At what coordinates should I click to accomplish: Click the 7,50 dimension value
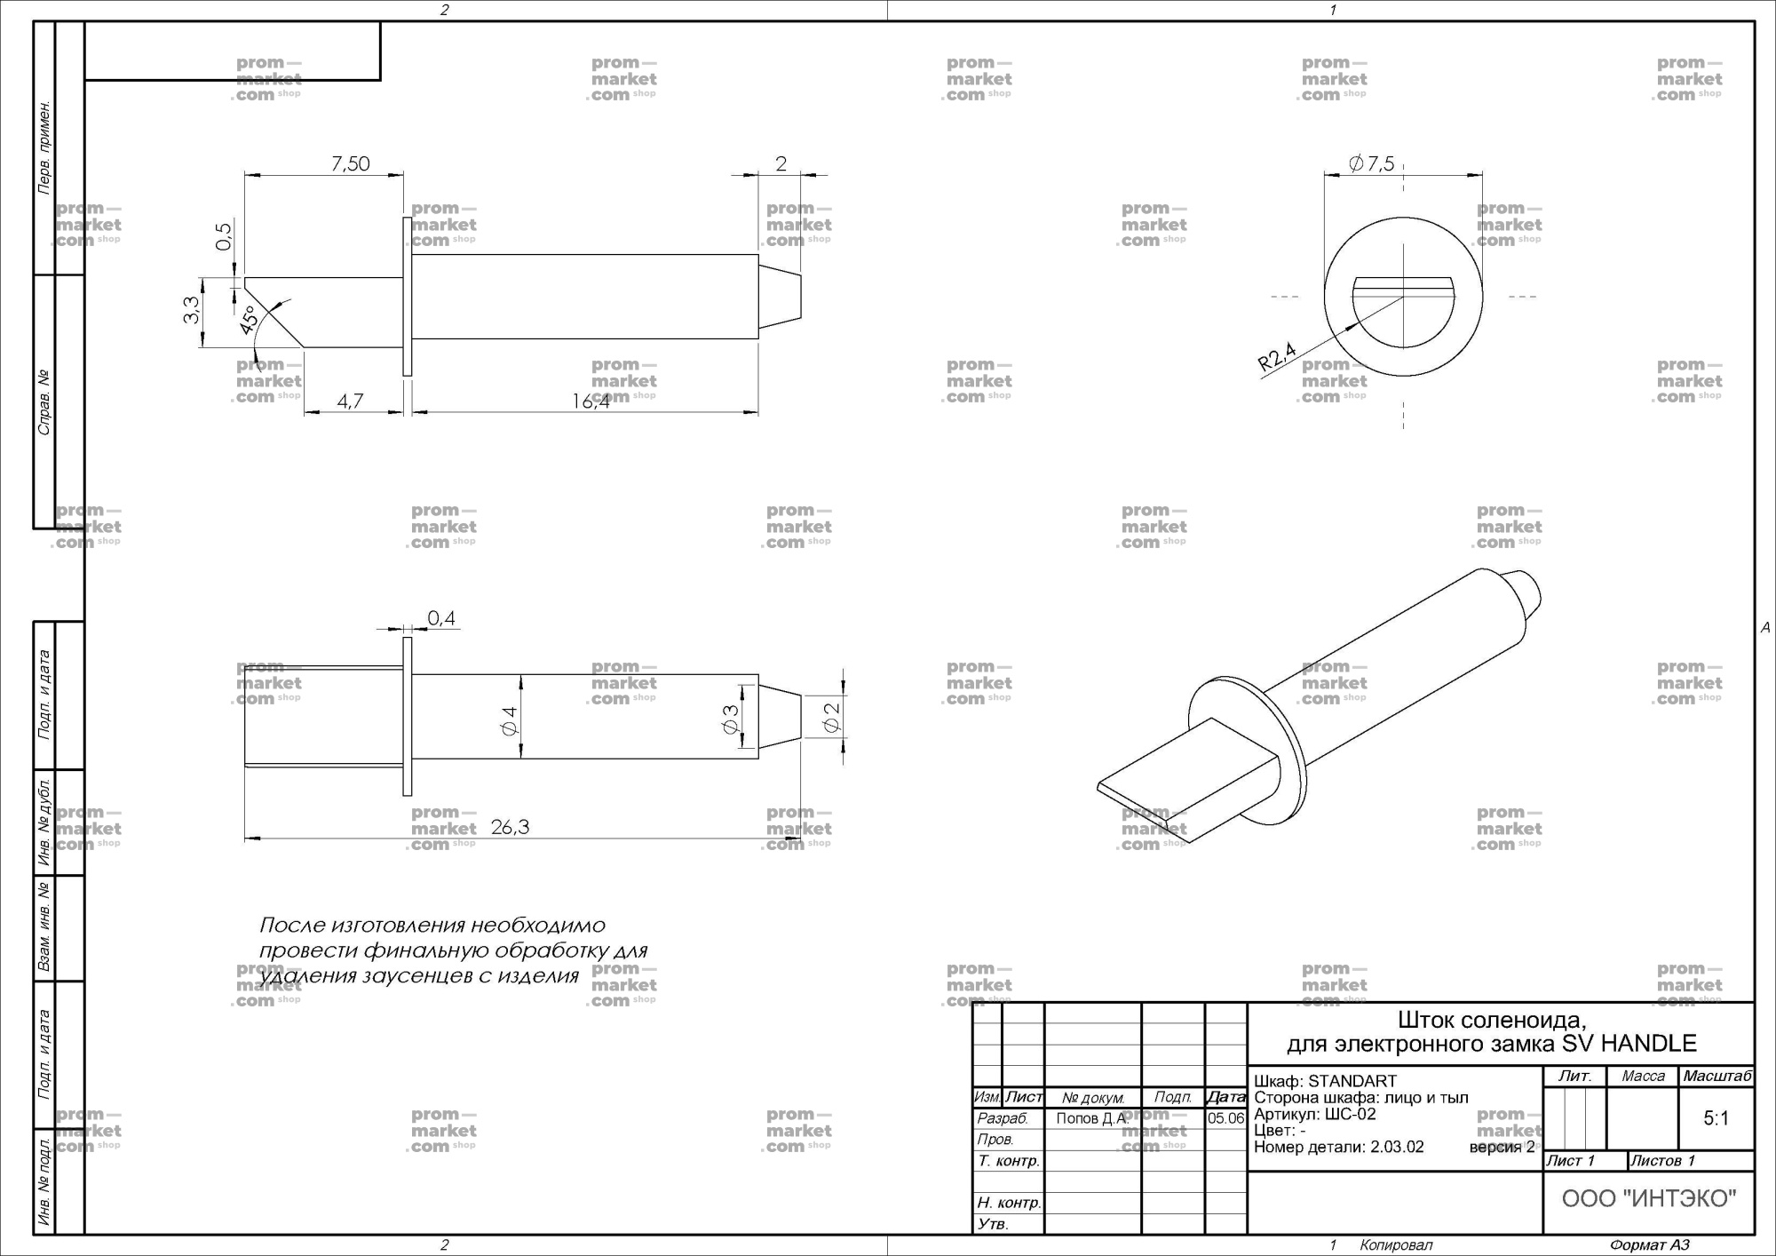(x=350, y=163)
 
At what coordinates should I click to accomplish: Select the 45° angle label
(x=249, y=320)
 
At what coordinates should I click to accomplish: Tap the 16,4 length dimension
(x=591, y=401)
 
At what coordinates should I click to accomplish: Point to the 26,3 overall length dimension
(x=510, y=827)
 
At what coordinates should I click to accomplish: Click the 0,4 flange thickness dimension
(x=441, y=617)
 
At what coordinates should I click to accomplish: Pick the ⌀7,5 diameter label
(x=1371, y=163)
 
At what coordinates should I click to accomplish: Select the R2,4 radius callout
(x=1277, y=357)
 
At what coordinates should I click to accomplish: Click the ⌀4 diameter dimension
(x=509, y=720)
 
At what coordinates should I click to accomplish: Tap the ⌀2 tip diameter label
(x=831, y=718)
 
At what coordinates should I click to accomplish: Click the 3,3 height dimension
(x=191, y=310)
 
